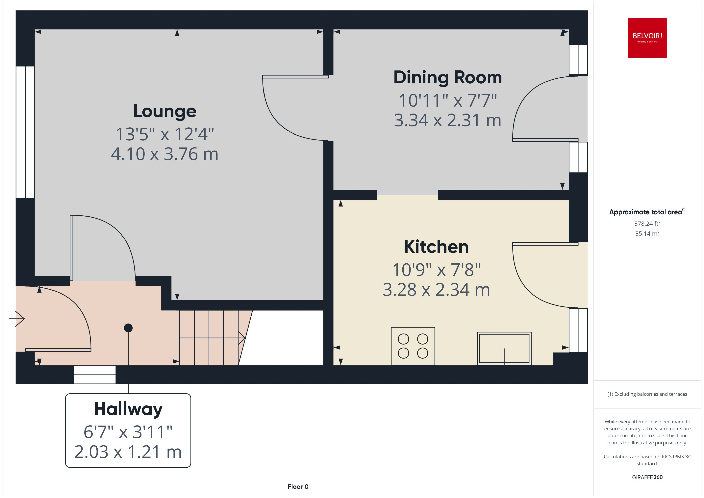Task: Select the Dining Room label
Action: (x=448, y=77)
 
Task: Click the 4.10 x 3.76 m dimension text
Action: (x=165, y=154)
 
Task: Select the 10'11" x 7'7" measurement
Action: (x=448, y=101)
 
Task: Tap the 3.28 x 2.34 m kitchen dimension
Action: (x=436, y=290)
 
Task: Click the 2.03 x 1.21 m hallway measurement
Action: (x=128, y=452)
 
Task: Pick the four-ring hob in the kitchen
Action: (x=413, y=346)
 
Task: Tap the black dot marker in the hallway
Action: (x=128, y=328)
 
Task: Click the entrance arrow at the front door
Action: (x=17, y=319)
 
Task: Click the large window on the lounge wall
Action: (x=25, y=132)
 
